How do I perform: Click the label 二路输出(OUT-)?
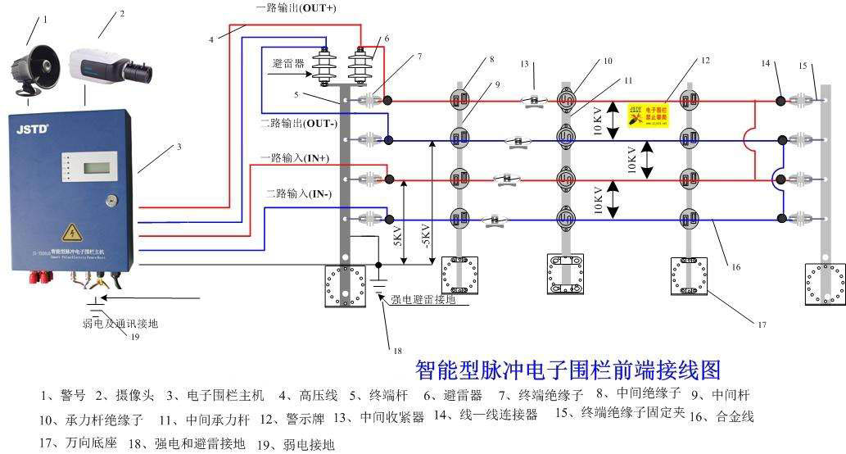click(x=296, y=124)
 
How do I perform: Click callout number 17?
click(x=761, y=325)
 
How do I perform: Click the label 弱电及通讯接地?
click(x=120, y=324)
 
